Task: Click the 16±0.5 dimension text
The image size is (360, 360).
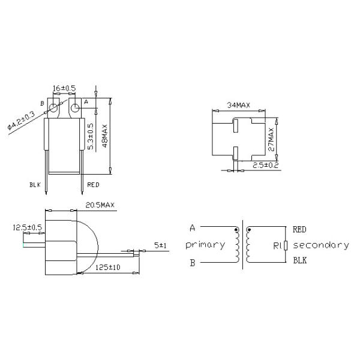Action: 65,88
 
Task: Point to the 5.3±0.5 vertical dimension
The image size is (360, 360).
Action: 91,136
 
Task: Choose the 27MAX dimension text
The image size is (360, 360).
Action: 271,139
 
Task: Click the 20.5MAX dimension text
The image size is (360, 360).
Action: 100,205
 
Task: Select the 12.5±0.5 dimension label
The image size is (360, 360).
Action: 27,227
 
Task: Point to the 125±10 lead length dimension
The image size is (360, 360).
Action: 108,267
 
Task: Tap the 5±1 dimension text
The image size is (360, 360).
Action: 160,245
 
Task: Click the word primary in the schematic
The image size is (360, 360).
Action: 205,245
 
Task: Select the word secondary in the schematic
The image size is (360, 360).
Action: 321,245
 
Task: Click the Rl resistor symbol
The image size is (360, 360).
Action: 287,245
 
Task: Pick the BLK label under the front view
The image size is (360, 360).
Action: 35,184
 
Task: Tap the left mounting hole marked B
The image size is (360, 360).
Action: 54,109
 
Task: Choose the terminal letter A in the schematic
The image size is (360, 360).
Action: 192,228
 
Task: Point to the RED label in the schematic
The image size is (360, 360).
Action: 300,229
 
